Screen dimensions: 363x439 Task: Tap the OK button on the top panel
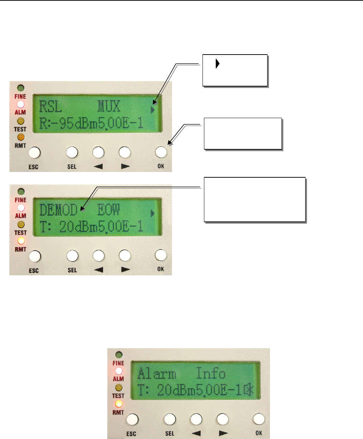pyautogui.click(x=161, y=153)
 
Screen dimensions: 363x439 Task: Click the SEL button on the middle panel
pyautogui.click(x=72, y=256)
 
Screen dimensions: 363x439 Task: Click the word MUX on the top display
pyautogui.click(x=109, y=107)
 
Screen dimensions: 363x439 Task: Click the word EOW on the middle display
pyautogui.click(x=109, y=210)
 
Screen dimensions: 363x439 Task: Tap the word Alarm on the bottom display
pyautogui.click(x=157, y=374)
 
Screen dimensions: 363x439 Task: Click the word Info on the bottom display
pyautogui.click(x=211, y=374)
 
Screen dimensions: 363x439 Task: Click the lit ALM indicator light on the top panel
pyautogui.click(x=21, y=104)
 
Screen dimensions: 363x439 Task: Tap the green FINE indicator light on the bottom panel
pyautogui.click(x=119, y=355)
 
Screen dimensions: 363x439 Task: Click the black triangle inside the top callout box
pyautogui.click(x=218, y=64)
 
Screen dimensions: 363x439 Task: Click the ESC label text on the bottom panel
pyautogui.click(x=131, y=434)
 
